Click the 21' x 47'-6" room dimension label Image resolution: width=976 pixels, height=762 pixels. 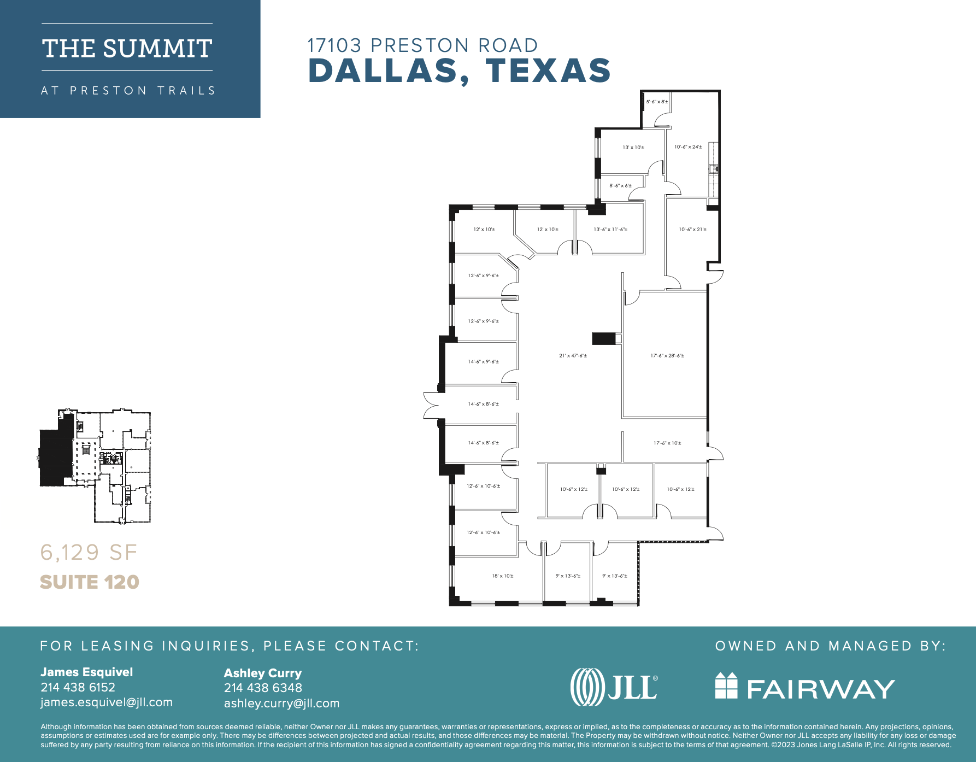(x=573, y=356)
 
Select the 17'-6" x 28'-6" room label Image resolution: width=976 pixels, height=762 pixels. (x=667, y=356)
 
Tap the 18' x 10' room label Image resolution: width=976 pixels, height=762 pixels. (x=503, y=576)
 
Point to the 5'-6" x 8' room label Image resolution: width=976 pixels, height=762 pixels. (x=657, y=102)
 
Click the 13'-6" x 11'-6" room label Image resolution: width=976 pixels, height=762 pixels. (x=610, y=230)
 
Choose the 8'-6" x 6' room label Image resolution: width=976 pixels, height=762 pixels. (x=620, y=186)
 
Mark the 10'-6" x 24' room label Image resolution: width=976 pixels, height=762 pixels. (x=688, y=147)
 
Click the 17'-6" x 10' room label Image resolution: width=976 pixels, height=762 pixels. (x=667, y=443)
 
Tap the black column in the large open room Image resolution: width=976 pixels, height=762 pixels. (x=604, y=338)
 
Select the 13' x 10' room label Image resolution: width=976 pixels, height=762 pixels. (x=633, y=148)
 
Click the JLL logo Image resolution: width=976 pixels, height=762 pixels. (x=614, y=687)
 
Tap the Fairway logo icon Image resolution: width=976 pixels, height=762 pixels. (x=726, y=686)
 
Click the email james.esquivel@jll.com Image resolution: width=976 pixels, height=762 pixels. (x=107, y=702)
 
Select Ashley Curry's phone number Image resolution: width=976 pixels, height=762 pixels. (x=263, y=688)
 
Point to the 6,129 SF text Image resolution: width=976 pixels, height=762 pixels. (x=89, y=553)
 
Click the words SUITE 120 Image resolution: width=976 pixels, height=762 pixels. (x=90, y=582)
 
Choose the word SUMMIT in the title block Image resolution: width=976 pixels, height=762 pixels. (x=157, y=49)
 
